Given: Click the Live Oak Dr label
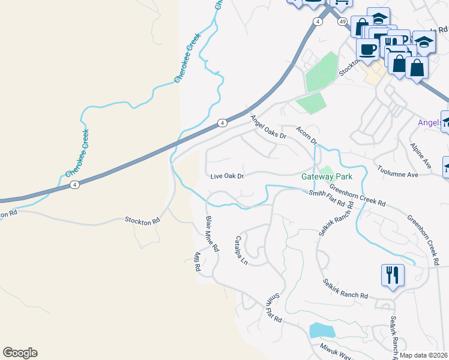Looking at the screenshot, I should click(x=227, y=176).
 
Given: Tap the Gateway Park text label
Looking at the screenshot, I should click(x=327, y=177).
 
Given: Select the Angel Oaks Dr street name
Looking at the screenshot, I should click(x=269, y=127).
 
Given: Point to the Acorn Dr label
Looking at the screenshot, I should click(x=306, y=135).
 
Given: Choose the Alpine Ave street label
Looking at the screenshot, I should click(x=421, y=154).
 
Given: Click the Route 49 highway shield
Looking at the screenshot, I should click(x=341, y=21).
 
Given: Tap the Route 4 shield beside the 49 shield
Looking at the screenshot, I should click(x=316, y=21).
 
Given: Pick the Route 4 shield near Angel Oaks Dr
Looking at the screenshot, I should click(x=222, y=122).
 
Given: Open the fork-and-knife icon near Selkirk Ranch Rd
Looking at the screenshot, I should click(x=393, y=275).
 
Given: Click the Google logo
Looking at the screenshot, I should click(x=20, y=353).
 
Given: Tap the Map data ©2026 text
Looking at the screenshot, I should click(x=424, y=355).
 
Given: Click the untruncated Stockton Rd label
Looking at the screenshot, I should click(x=142, y=220).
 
